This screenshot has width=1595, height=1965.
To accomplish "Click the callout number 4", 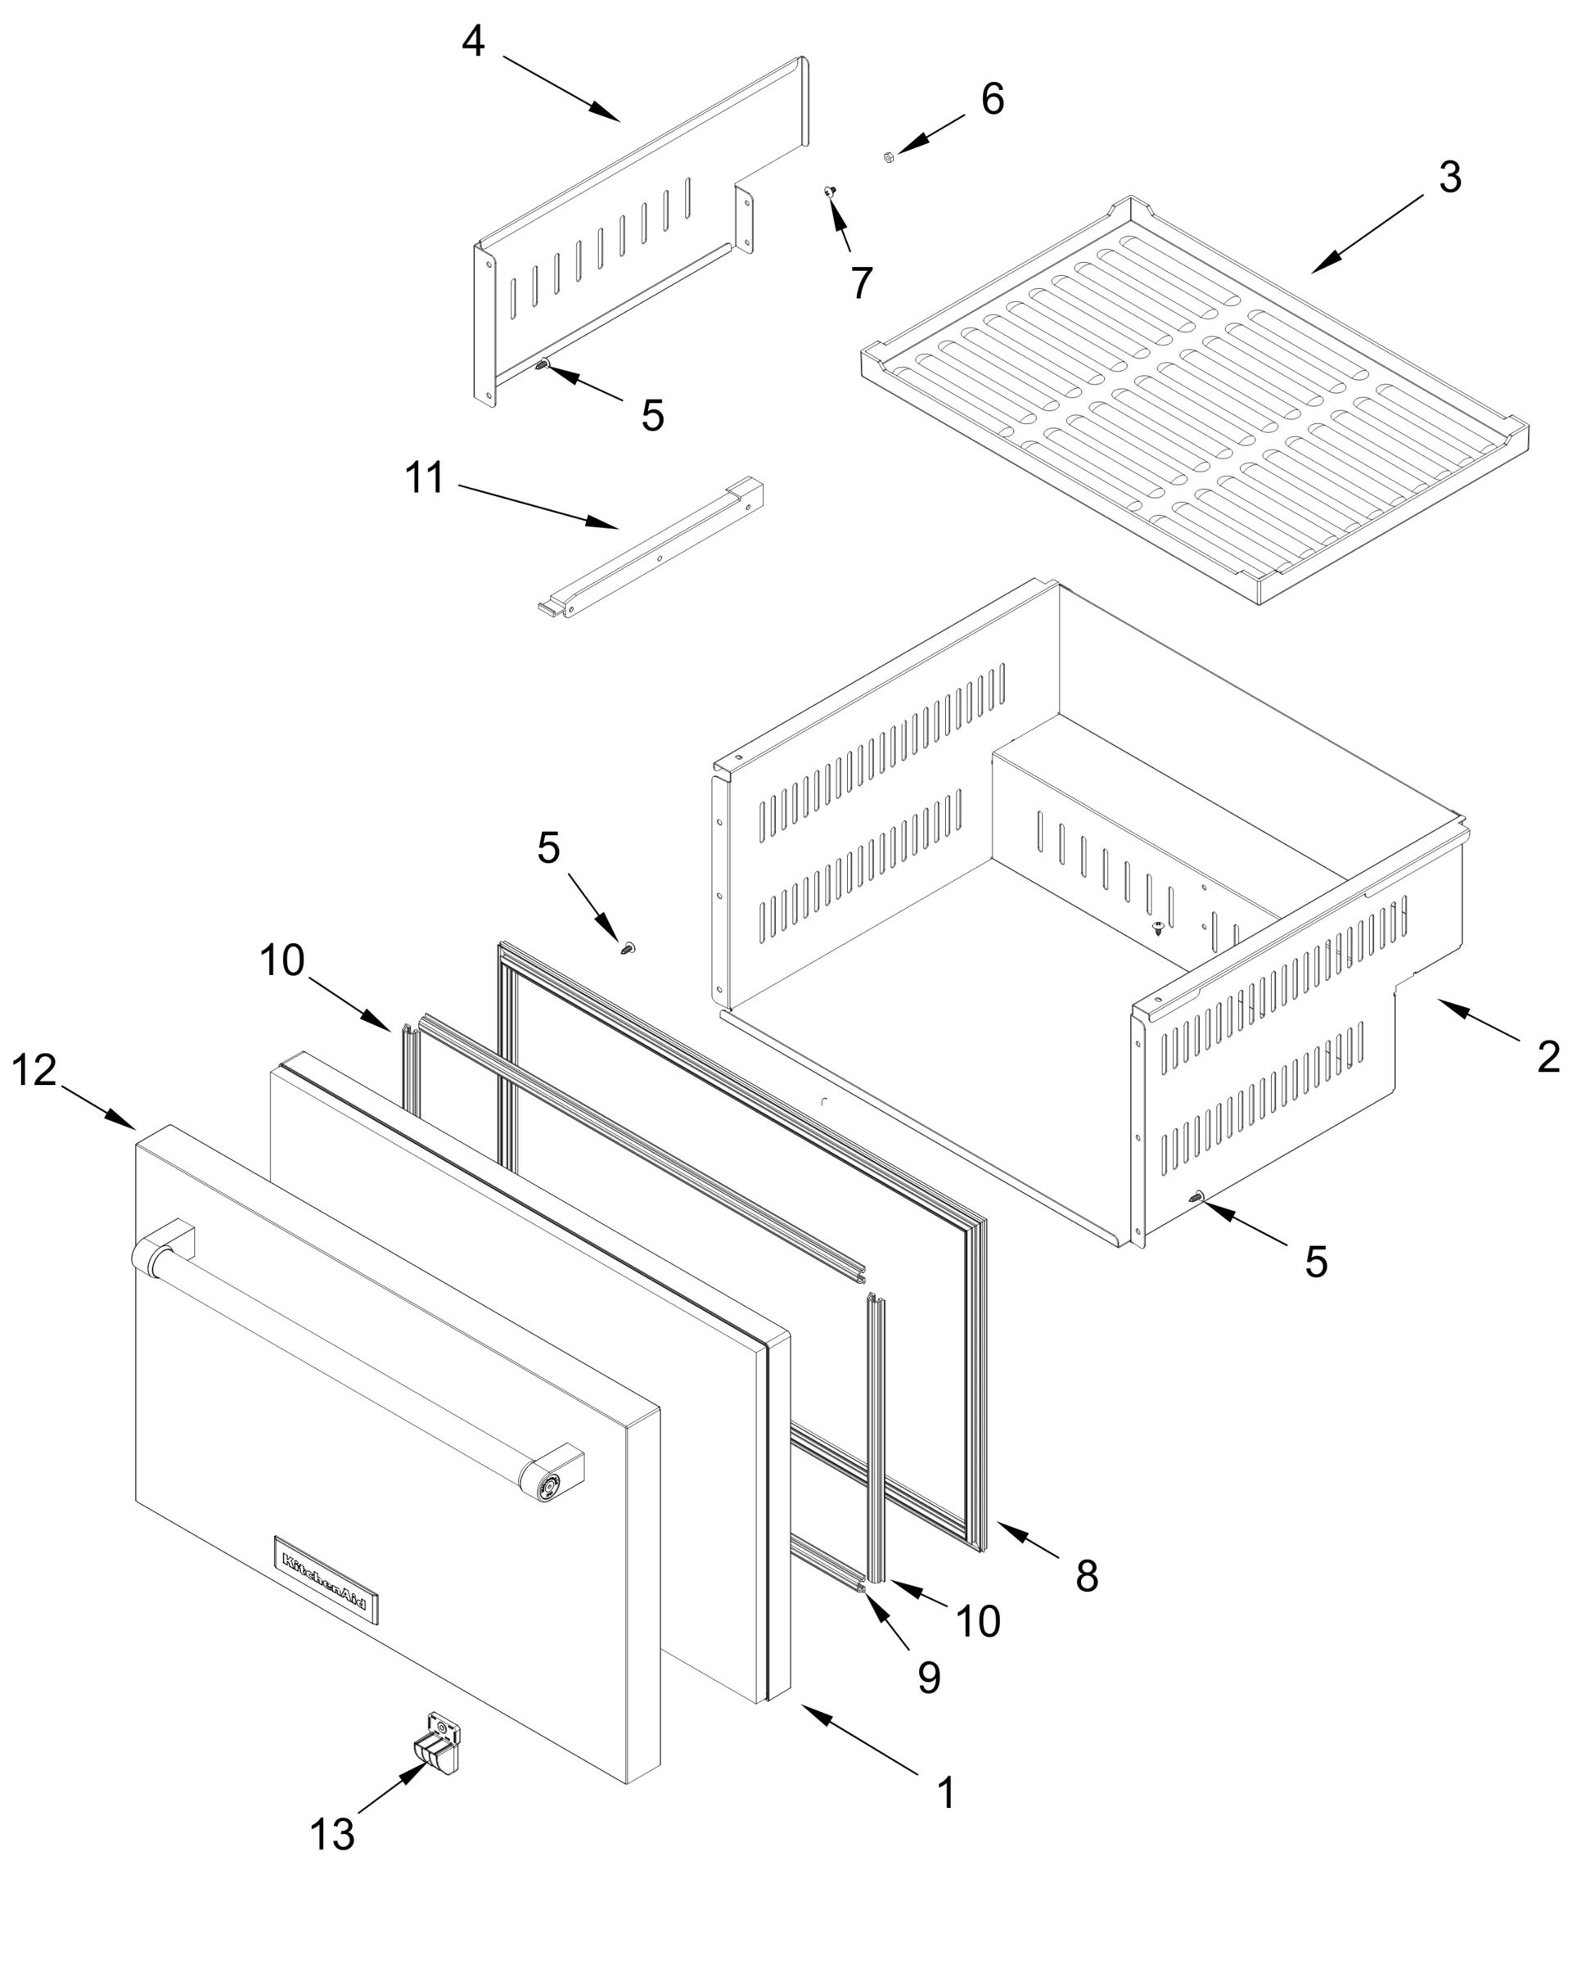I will tap(473, 42).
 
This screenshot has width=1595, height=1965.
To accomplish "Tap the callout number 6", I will tap(993, 99).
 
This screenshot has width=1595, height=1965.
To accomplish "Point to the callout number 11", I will tap(425, 479).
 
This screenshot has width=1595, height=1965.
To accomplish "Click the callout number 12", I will tap(34, 1071).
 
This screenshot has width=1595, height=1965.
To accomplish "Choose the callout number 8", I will tap(1087, 1576).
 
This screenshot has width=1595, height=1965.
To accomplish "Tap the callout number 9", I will tap(929, 1678).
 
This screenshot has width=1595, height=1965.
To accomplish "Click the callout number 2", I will tap(1549, 1057).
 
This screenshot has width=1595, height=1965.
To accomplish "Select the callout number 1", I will tap(946, 1792).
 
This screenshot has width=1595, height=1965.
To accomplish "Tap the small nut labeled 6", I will tap(889, 157).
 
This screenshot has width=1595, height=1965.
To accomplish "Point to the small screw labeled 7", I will tap(830, 191).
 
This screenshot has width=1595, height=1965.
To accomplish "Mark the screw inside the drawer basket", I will tap(1159, 927).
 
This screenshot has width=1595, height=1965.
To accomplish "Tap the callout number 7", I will tap(861, 282).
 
